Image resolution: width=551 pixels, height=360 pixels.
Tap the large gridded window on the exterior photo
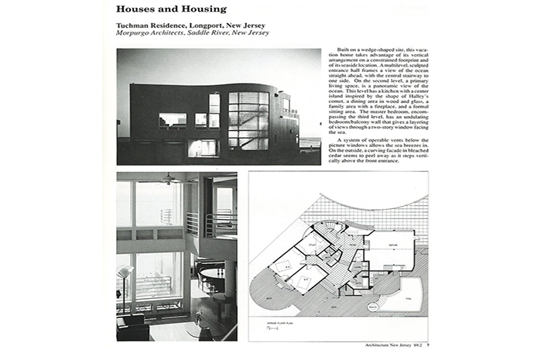click(248, 120)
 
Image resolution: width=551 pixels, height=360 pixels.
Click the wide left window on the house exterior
click(172, 120)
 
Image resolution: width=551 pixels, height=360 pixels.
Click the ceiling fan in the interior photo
click(169, 180)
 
